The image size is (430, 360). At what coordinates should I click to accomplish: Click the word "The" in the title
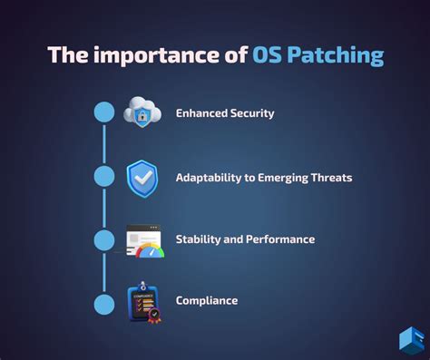click(66, 55)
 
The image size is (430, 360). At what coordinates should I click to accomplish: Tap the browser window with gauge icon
click(145, 241)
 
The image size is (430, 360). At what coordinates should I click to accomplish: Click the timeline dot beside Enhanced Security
click(104, 112)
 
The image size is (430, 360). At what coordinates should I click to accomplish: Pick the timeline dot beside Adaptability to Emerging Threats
click(104, 177)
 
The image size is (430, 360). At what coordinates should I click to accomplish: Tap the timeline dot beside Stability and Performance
click(104, 239)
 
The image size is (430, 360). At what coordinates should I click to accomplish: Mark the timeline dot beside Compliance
click(104, 300)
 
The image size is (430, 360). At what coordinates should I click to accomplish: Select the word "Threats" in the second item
click(327, 178)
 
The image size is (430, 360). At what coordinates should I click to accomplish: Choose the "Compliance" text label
click(207, 300)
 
